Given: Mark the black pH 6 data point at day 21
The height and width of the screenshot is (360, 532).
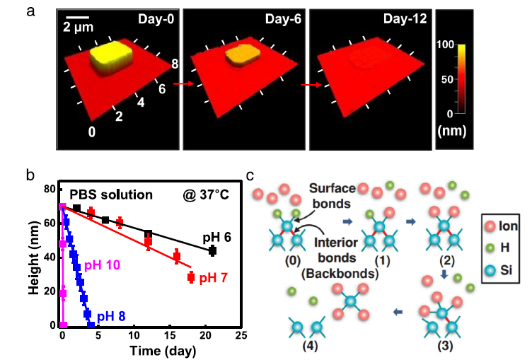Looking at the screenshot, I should [x=212, y=250].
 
